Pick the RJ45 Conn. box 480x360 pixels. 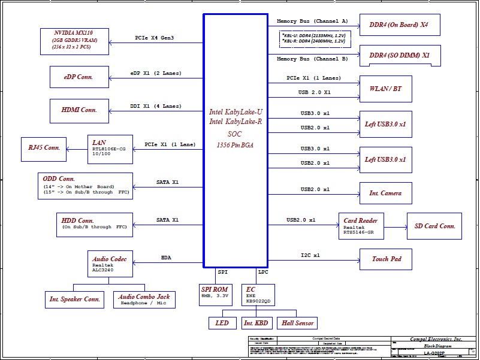pos(44,148)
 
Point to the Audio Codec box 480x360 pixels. pos(110,264)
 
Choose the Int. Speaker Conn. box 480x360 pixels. pos(75,299)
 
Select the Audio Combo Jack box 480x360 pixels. pos(144,299)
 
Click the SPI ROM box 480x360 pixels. pos(215,293)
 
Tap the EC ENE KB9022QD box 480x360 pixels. pos(258,293)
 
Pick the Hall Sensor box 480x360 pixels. pos(297,323)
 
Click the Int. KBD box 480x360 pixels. pos(256,323)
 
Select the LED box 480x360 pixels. pos(222,323)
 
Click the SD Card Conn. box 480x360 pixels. pos(434,226)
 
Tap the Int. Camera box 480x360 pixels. pos(385,193)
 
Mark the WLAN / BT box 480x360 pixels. pos(385,89)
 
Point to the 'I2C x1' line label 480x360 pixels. pos(310,255)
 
